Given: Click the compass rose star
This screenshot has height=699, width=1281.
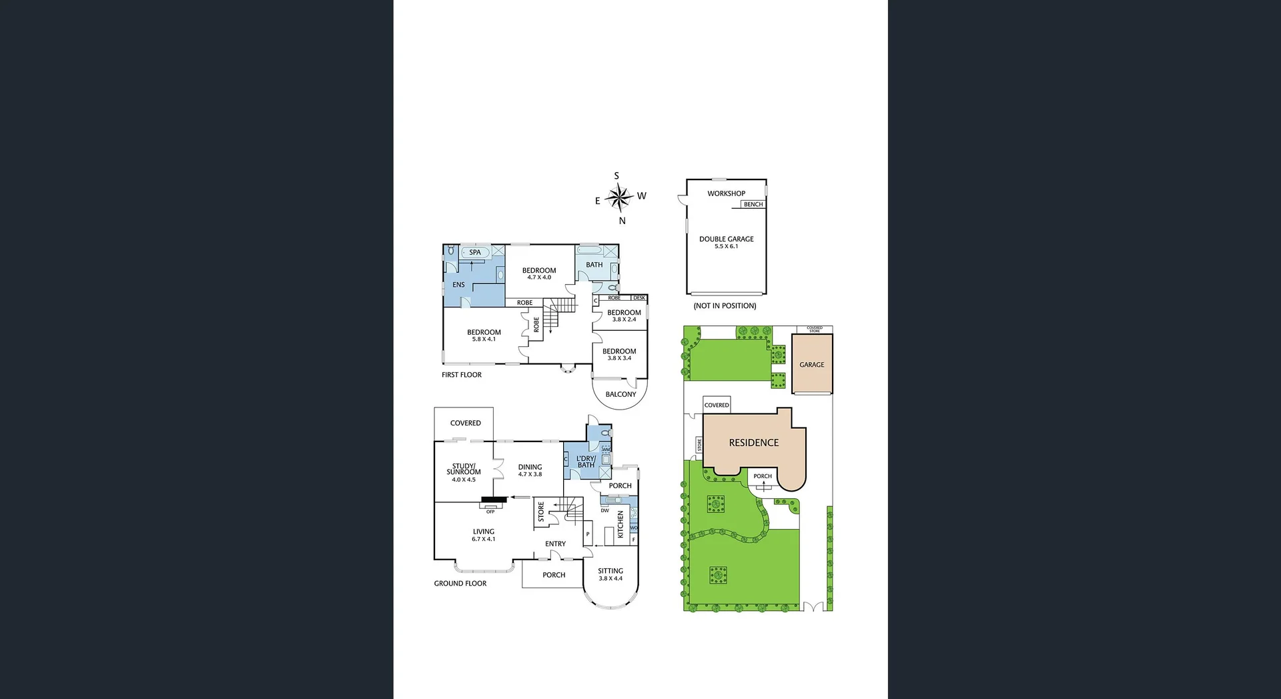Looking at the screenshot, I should [619, 197].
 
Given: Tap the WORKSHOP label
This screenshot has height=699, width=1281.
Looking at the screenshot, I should [726, 193].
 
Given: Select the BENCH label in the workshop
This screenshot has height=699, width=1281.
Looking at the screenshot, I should [753, 205].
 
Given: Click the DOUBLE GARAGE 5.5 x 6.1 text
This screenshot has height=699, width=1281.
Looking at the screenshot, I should [726, 242].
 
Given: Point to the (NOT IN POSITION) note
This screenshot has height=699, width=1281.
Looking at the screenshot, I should [725, 306].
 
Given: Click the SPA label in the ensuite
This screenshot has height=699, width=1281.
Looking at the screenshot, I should [475, 253].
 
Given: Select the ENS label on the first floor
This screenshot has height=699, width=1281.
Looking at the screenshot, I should [458, 285].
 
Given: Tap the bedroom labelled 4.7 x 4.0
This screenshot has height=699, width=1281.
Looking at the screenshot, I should [539, 273].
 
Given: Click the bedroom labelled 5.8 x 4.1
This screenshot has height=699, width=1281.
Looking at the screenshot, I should [484, 335].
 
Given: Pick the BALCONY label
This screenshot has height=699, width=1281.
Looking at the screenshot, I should [620, 394].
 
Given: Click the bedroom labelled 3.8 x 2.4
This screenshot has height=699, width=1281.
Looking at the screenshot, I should [624, 315].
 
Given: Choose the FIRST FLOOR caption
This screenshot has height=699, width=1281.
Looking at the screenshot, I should [461, 375].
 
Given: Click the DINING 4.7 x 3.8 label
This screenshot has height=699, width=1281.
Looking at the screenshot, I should [530, 470].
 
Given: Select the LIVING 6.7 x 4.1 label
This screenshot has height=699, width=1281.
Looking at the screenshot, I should [484, 535].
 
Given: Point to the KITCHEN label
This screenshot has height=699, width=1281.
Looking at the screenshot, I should [620, 524].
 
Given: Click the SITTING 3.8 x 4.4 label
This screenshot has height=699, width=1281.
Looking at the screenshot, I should [610, 574].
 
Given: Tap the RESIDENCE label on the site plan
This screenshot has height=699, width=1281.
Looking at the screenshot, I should [753, 443].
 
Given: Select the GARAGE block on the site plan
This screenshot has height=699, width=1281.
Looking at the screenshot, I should [811, 365].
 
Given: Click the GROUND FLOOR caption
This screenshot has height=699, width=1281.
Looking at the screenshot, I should [460, 584].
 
